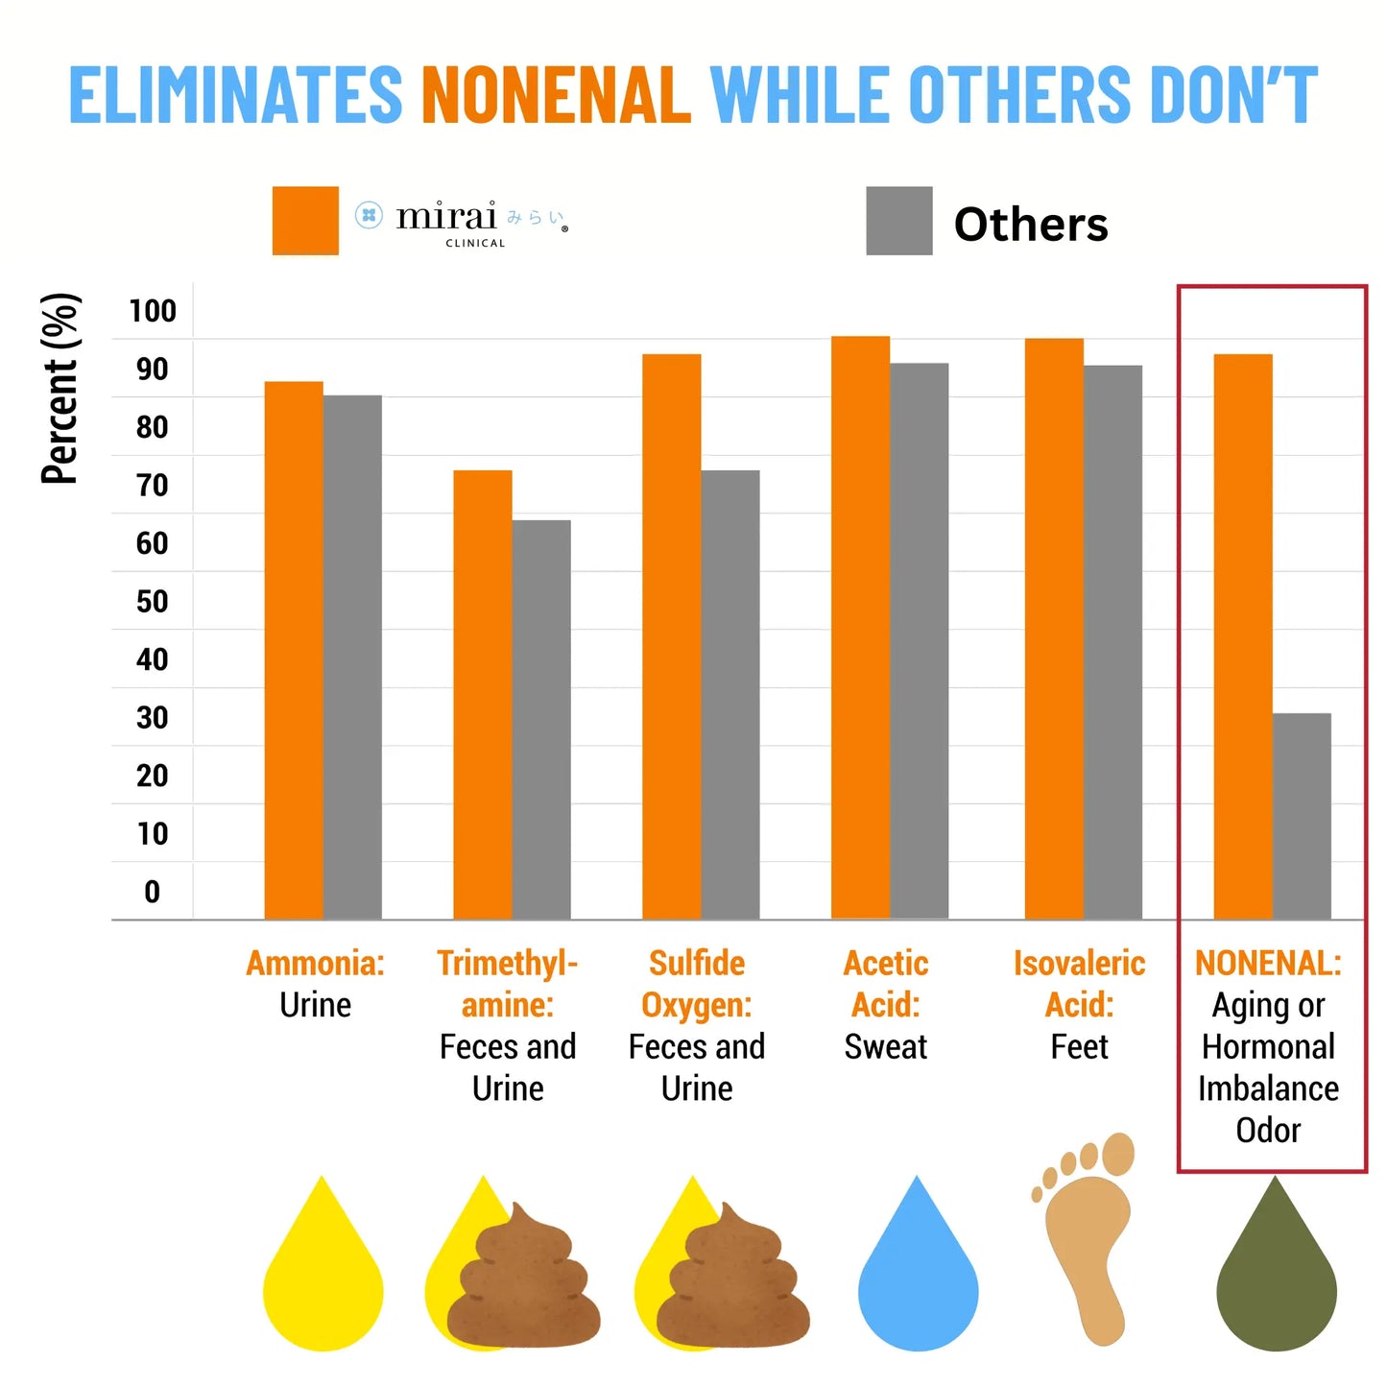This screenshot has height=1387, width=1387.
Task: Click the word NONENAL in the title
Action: (556, 95)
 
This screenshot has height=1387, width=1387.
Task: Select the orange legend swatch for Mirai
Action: (305, 221)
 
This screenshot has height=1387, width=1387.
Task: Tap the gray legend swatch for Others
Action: (898, 221)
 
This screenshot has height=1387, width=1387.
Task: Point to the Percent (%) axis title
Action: (60, 389)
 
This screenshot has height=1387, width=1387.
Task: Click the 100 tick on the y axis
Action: (153, 311)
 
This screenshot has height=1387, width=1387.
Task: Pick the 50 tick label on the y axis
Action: (153, 602)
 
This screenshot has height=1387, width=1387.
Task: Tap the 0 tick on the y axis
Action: (153, 892)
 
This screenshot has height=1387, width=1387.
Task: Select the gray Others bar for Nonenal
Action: (1302, 816)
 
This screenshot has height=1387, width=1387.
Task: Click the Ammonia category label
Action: (315, 964)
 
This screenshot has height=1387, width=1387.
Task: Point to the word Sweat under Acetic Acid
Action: (885, 1046)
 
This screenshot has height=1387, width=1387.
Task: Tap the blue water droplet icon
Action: (918, 1277)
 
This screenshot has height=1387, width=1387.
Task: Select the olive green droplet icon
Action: (1276, 1277)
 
